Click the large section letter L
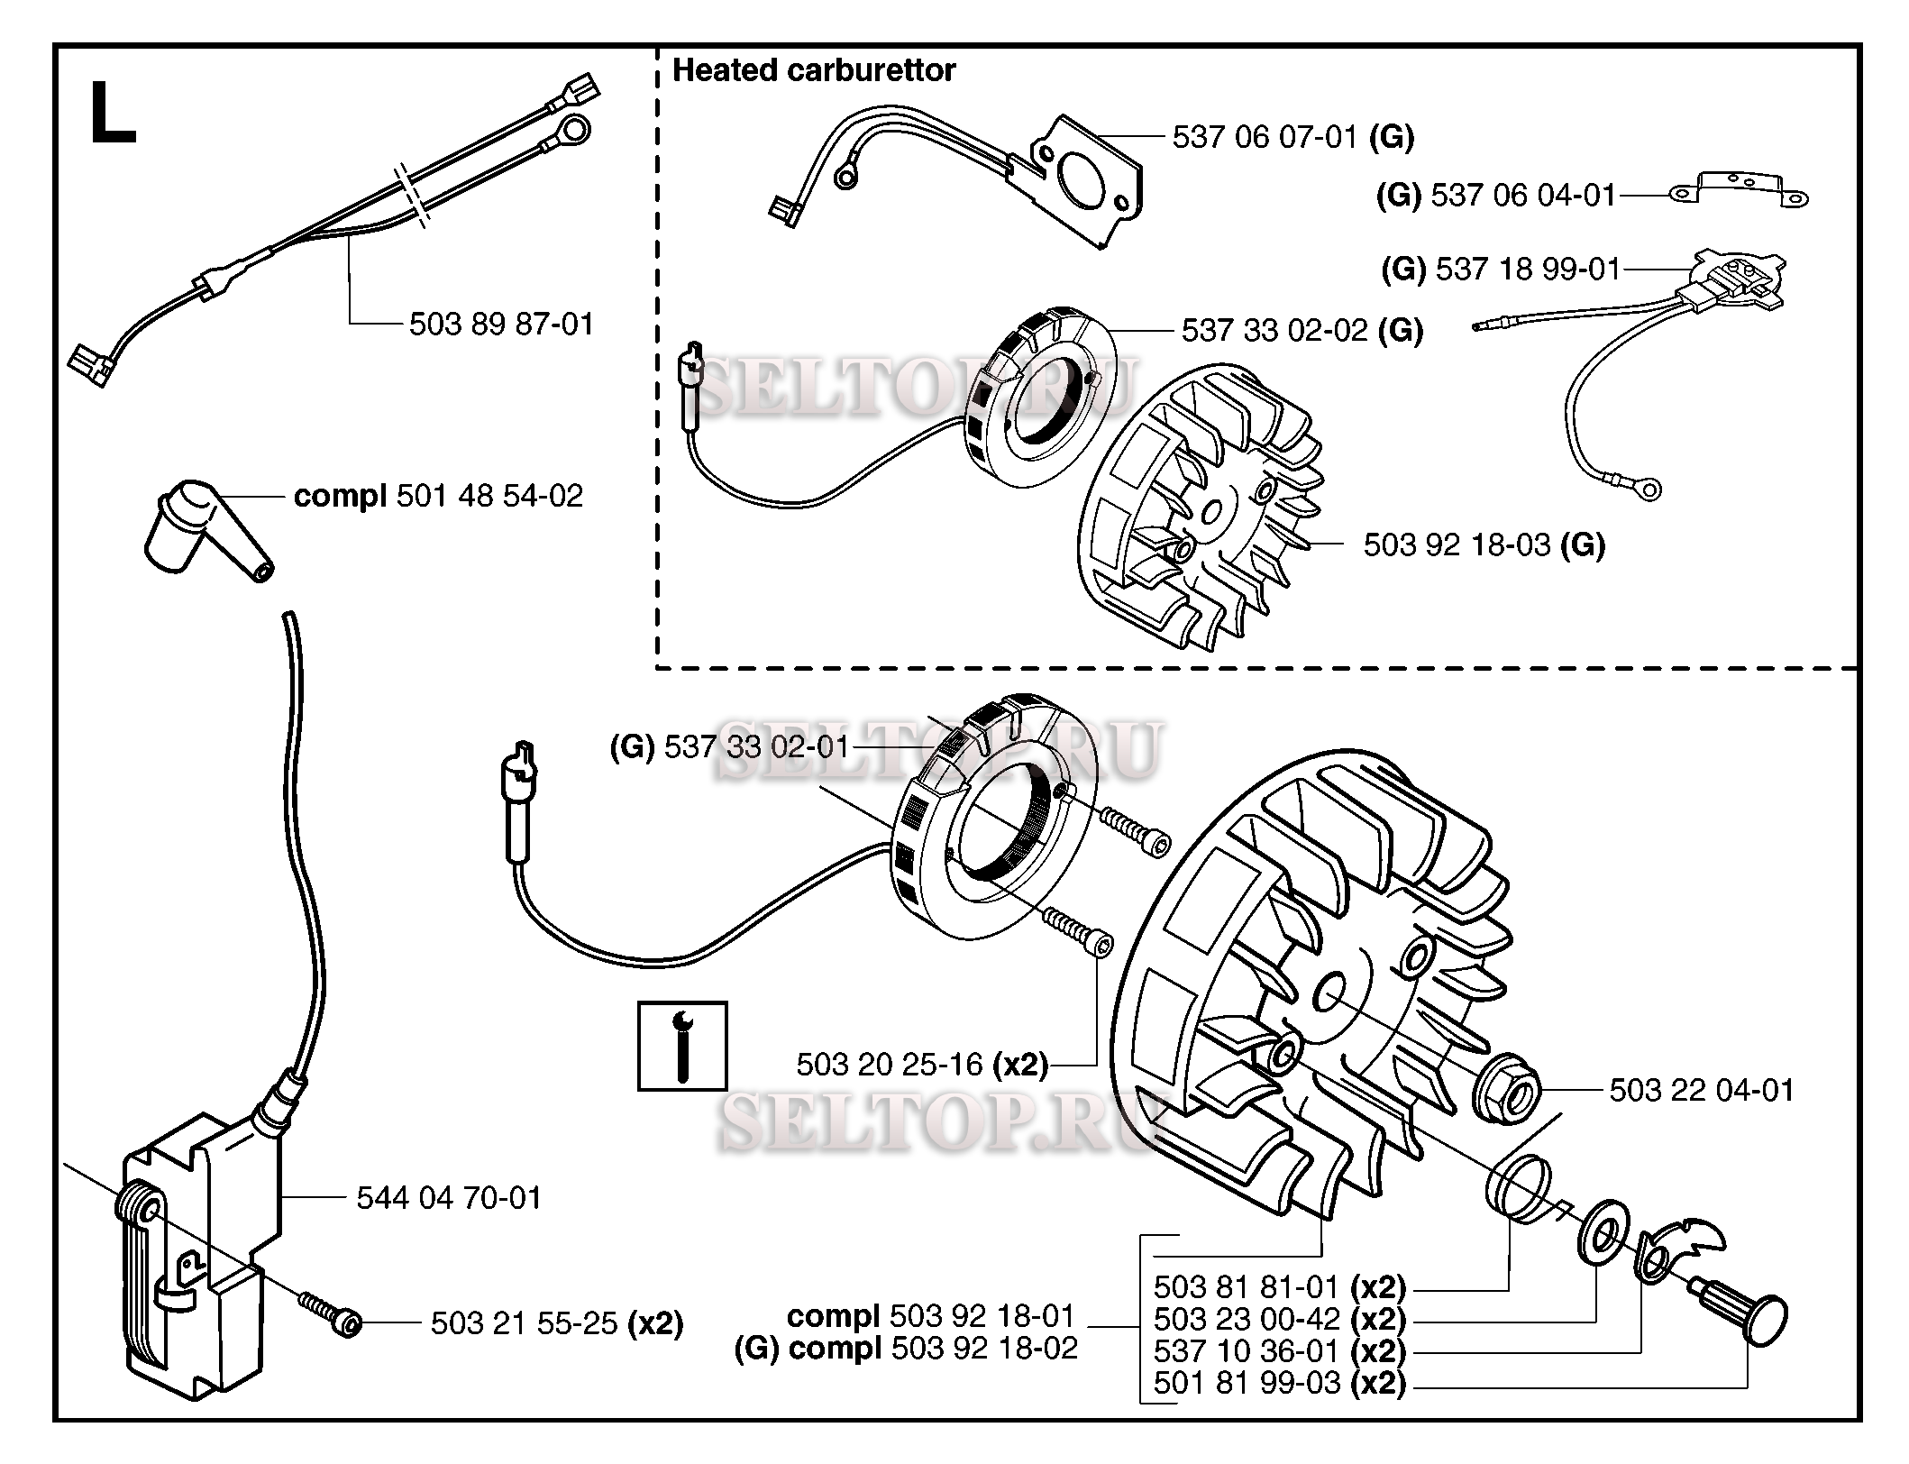tap(114, 114)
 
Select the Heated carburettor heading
tap(814, 70)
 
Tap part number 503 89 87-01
tap(502, 324)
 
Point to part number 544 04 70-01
tap(449, 1198)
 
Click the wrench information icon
tap(682, 1046)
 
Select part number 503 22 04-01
tap(1702, 1090)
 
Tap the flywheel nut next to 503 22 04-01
tap(1505, 1093)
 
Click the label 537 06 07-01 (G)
tap(1293, 137)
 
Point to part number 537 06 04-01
tap(1496, 196)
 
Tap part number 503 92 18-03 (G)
tap(1484, 544)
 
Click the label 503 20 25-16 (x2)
tap(922, 1065)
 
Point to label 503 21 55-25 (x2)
tap(557, 1323)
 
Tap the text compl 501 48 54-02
tap(439, 496)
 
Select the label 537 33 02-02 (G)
tap(1302, 331)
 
